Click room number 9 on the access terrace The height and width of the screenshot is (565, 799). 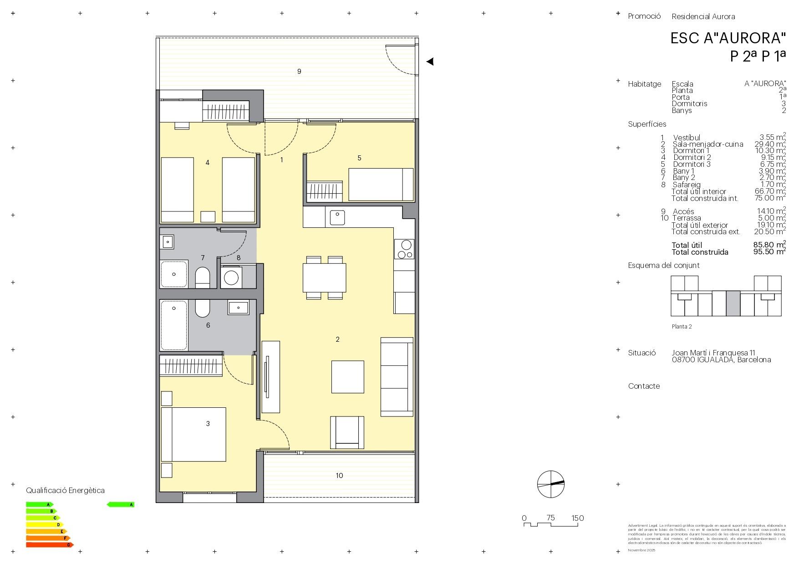(299, 72)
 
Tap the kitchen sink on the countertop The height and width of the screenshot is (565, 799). (337, 217)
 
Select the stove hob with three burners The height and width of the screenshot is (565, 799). (404, 249)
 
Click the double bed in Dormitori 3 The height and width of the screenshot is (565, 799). (193, 434)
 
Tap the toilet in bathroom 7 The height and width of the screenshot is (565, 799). (203, 277)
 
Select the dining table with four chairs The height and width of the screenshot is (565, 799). (324, 278)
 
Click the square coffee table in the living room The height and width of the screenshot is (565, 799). (347, 377)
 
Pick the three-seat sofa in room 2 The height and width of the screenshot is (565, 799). (397, 377)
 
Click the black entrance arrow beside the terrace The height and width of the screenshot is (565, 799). (430, 61)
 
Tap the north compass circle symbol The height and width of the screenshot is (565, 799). (550, 484)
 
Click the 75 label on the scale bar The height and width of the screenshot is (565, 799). (550, 518)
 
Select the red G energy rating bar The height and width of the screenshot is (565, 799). (49, 545)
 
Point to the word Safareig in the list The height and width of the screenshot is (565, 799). (687, 185)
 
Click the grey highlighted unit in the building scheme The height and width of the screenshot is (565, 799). (733, 303)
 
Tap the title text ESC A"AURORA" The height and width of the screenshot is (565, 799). (728, 38)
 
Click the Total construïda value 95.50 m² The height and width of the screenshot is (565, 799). (769, 252)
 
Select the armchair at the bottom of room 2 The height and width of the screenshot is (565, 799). (347, 432)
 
